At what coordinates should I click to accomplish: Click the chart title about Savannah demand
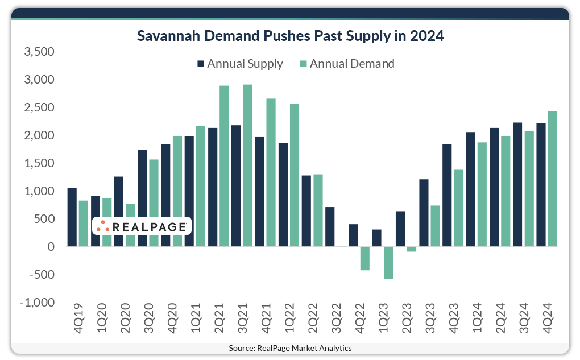[x=290, y=36]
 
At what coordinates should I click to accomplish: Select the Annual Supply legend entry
[x=239, y=64]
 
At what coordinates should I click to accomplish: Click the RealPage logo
[x=142, y=226]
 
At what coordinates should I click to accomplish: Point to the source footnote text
[x=290, y=348]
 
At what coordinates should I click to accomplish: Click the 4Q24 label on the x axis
[x=550, y=321]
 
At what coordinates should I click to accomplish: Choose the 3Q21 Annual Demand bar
[x=247, y=165]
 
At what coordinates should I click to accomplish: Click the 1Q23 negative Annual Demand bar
[x=388, y=262]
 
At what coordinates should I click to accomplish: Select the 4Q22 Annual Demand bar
[x=365, y=258]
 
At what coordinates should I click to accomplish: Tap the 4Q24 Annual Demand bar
[x=552, y=179]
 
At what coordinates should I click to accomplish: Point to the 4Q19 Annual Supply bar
[x=72, y=217]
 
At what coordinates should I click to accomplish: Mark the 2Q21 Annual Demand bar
[x=224, y=166]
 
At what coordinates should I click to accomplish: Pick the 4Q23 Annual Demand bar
[x=458, y=208]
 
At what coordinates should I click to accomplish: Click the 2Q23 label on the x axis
[x=408, y=321]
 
